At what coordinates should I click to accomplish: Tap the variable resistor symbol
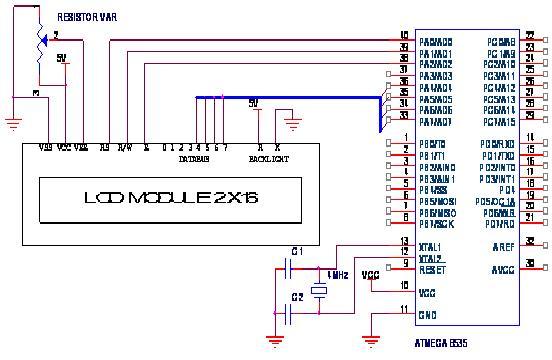(42, 37)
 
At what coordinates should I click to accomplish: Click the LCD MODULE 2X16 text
(171, 199)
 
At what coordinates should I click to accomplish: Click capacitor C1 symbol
(288, 267)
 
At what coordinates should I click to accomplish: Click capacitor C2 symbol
(288, 311)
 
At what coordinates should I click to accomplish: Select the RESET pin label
(433, 269)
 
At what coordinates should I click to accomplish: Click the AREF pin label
(502, 244)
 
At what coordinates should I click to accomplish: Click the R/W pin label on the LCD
(125, 148)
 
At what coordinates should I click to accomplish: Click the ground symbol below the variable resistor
(13, 124)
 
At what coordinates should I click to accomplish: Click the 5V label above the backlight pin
(253, 102)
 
